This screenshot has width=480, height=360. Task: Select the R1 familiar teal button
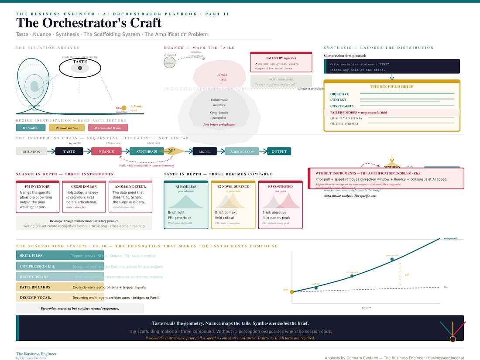31,128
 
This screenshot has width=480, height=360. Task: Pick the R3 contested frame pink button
108,128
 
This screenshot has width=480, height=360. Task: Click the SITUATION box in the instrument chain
31,151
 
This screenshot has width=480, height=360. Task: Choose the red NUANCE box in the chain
106,151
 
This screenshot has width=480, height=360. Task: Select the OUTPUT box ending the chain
279,151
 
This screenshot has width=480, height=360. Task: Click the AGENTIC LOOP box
242,151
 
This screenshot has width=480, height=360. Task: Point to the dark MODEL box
205,151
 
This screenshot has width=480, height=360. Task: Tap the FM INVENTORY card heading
37,186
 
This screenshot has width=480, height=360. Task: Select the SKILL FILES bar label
31,256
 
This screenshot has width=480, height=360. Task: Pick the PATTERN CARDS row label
35,287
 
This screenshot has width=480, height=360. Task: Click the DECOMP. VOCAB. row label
35,298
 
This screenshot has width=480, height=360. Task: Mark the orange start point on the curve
292,292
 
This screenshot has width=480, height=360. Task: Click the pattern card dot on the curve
392,259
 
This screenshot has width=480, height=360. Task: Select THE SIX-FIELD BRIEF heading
391,86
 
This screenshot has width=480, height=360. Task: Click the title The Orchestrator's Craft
89,23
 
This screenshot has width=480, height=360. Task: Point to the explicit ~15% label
223,77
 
